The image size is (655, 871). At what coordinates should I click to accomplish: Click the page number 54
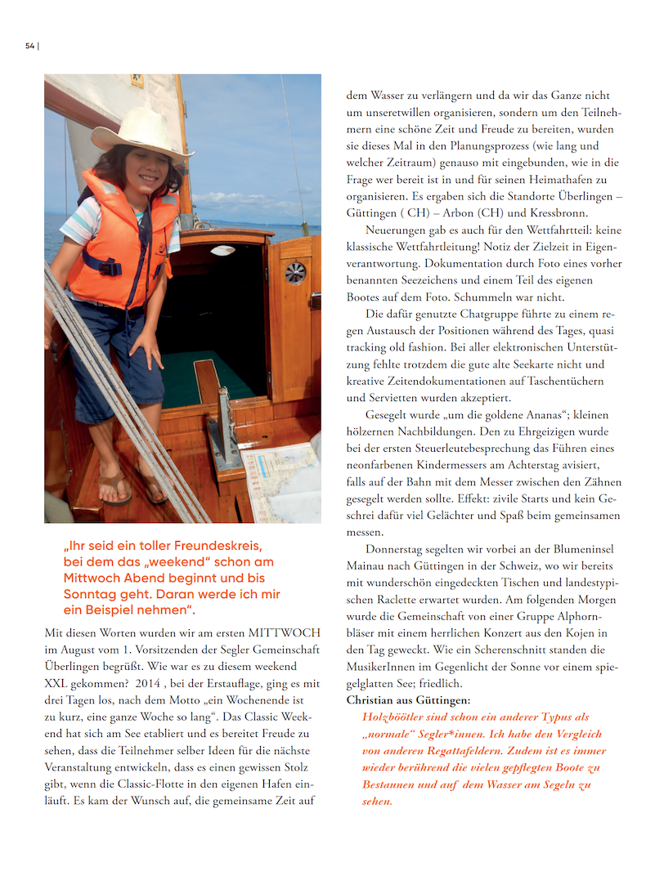[x=30, y=46]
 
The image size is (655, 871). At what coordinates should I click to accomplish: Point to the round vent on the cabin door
[x=295, y=272]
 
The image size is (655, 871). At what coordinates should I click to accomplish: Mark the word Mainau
[x=366, y=565]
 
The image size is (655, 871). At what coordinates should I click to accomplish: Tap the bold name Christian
[x=373, y=700]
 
